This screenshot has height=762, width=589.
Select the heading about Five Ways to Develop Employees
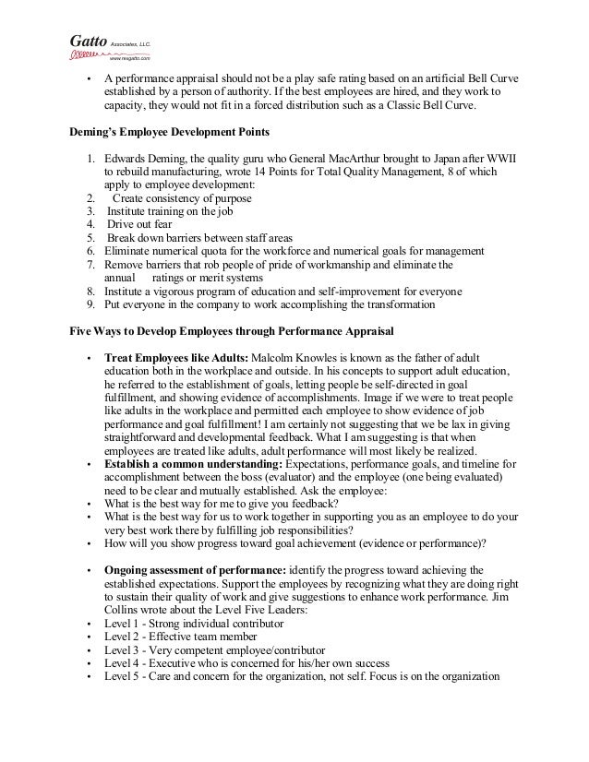(232, 329)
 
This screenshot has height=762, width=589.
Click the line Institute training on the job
(170, 210)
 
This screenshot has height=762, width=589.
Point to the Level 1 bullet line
(193, 624)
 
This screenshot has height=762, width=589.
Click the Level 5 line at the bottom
(301, 675)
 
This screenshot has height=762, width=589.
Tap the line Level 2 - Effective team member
(182, 637)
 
